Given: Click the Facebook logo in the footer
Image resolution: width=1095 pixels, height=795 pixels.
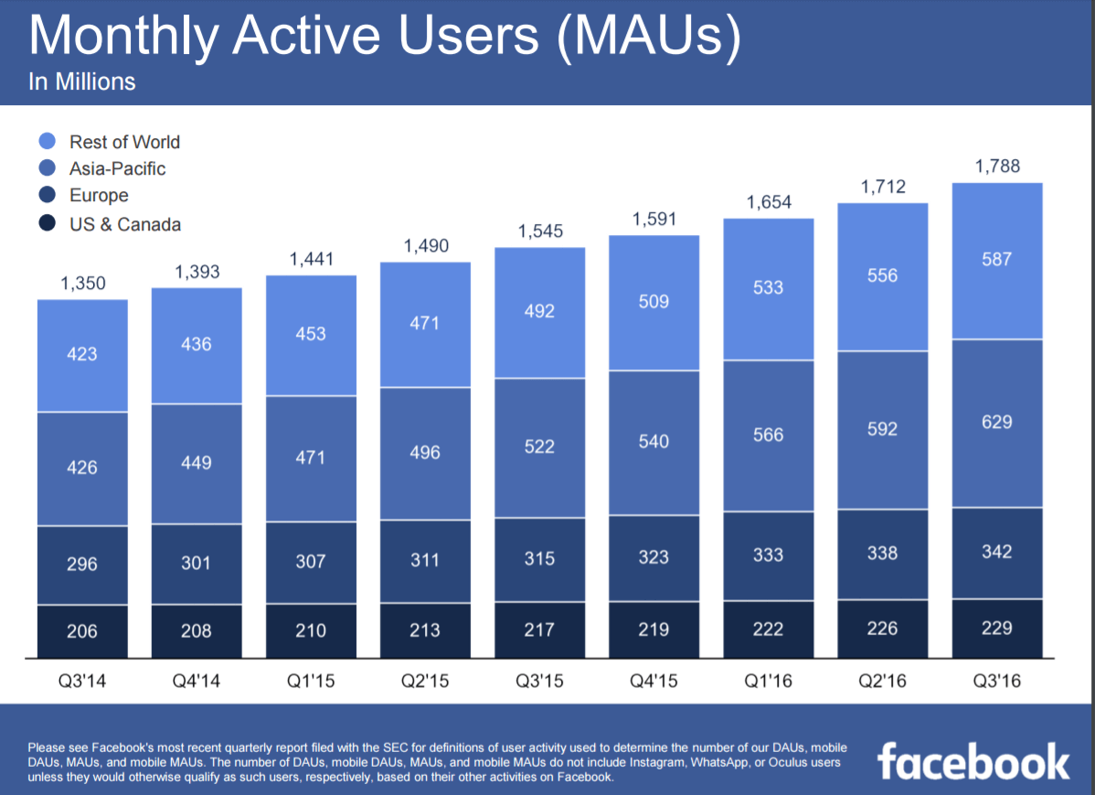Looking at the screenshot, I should [973, 761].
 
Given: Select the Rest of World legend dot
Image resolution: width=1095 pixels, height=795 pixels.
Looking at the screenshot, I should [48, 142].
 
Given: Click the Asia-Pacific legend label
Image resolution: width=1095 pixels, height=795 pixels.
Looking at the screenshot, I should [117, 168].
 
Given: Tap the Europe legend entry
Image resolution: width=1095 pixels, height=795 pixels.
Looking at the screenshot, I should [99, 196].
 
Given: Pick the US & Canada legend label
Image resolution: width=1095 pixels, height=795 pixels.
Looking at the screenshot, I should [124, 224].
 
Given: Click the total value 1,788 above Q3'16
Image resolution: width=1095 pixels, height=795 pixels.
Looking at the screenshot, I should [997, 167].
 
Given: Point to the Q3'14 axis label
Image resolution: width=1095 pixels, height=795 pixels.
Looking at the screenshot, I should [82, 682].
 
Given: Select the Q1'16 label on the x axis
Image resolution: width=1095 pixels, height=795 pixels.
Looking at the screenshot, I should [768, 682].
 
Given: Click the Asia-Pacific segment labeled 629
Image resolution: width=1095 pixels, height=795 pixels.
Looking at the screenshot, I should [997, 423].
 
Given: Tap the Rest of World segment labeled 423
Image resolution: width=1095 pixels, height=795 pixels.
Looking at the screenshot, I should [82, 353].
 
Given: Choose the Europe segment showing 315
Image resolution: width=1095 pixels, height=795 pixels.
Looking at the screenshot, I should [539, 558].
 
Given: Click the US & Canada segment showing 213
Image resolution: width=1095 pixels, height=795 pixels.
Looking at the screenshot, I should [425, 630].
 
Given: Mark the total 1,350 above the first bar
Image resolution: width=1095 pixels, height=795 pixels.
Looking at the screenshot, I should [82, 284].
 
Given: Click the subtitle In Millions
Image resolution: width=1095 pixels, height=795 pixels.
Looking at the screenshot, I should [82, 82].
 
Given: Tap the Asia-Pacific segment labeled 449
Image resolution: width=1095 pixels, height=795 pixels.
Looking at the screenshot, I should [197, 463].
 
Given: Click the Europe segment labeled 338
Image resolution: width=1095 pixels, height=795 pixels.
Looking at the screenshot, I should [882, 553].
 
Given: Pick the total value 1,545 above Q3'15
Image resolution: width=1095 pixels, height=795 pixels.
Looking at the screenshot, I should [539, 231].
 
